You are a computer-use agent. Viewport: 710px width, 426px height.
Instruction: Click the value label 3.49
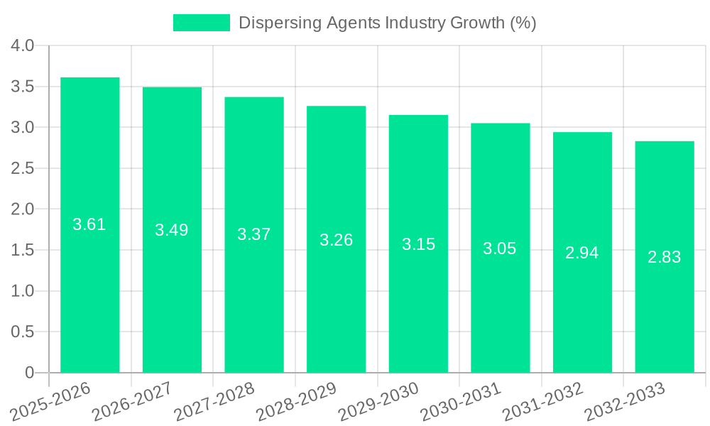pyautogui.click(x=172, y=230)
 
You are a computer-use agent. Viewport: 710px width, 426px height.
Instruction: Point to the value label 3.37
pyautogui.click(x=254, y=234)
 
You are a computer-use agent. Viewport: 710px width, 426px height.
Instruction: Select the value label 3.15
pyautogui.click(x=418, y=244)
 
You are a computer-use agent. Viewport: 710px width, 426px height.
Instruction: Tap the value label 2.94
pyautogui.click(x=582, y=253)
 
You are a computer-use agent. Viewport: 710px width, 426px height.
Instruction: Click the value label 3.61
pyautogui.click(x=89, y=224)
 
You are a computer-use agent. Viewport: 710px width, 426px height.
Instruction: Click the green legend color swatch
pyautogui.click(x=202, y=23)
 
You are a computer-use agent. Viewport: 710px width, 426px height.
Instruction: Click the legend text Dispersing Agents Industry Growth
pyautogui.click(x=387, y=23)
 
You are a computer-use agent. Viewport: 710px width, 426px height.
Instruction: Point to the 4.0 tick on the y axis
pyautogui.click(x=23, y=46)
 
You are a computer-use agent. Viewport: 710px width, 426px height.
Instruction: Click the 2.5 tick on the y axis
pyautogui.click(x=23, y=169)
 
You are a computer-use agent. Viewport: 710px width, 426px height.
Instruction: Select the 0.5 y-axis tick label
pyautogui.click(x=23, y=332)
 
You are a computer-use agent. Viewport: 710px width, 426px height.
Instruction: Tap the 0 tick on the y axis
pyautogui.click(x=29, y=373)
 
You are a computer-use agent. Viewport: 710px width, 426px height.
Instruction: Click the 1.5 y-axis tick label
pyautogui.click(x=23, y=251)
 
